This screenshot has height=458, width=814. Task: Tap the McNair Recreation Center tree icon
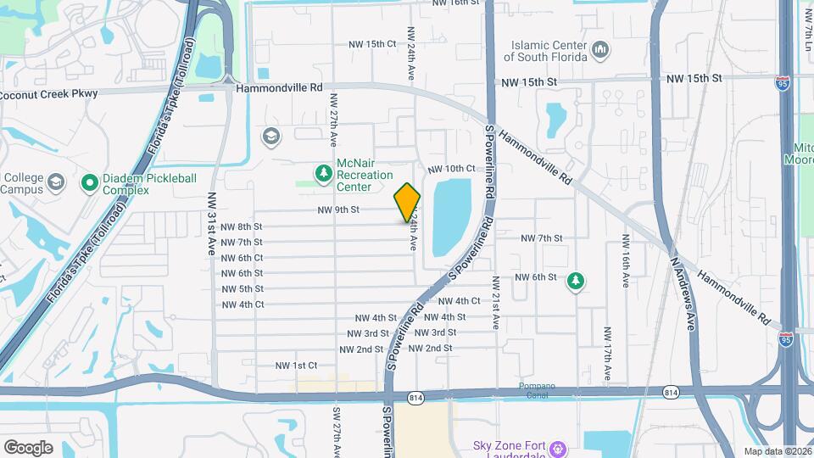click(x=322, y=174)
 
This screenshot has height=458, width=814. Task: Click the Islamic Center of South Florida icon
click(x=600, y=50)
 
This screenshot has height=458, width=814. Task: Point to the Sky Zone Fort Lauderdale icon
click(x=559, y=447)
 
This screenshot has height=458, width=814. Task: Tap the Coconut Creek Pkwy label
click(x=48, y=93)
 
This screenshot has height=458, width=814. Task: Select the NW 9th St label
click(x=339, y=209)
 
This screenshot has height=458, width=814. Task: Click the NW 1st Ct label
click(x=296, y=366)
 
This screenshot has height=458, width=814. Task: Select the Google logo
click(x=28, y=447)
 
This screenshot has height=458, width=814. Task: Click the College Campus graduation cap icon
click(x=55, y=183)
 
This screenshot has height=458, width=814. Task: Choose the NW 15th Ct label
click(x=372, y=43)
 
